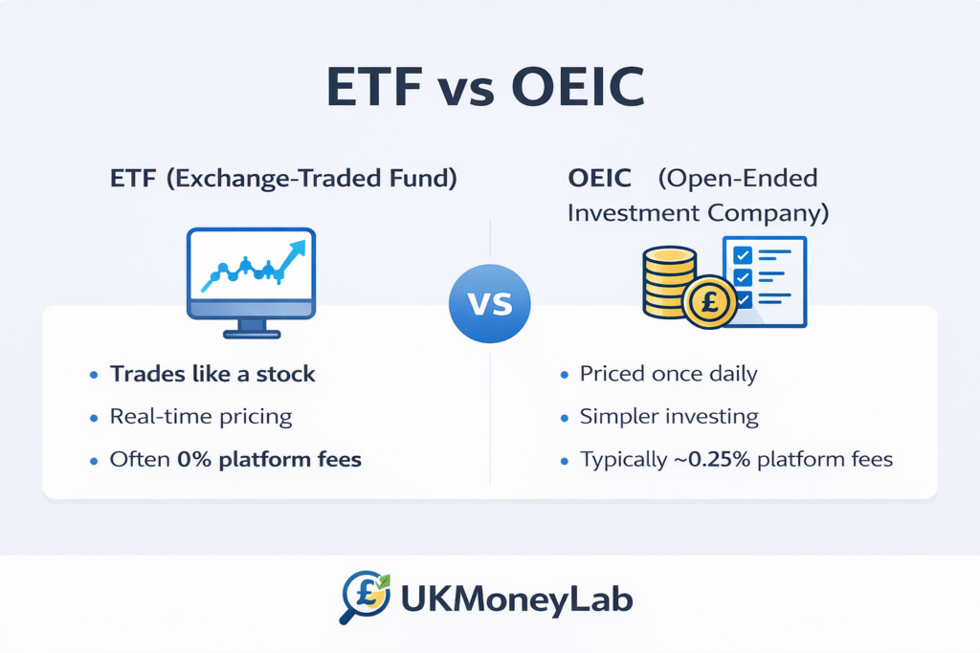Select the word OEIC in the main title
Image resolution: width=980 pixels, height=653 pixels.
pos(577,88)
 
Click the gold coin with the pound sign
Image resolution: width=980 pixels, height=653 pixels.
pos(710,299)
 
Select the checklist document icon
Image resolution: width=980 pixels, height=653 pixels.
pos(765,279)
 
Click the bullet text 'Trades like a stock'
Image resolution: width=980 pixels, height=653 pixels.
pos(212,374)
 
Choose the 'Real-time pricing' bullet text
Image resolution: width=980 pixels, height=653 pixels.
pos(201,417)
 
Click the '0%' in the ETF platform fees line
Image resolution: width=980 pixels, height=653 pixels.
pos(195,460)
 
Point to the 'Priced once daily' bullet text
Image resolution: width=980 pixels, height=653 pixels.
pos(668,374)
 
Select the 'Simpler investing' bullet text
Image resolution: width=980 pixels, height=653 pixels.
pos(669,417)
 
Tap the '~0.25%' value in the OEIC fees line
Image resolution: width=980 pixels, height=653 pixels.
pos(703,460)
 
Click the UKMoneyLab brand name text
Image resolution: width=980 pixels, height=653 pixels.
pos(517,600)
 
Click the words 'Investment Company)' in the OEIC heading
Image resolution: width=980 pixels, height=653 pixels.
pos(698,212)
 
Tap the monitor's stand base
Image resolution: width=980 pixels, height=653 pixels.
pos(251,334)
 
